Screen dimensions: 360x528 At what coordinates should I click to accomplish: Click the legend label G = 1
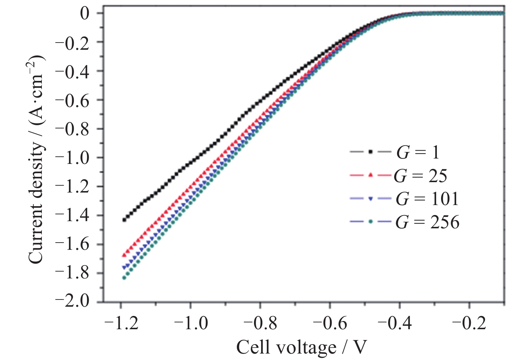(417, 153)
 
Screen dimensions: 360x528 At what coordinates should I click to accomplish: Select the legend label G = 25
(420, 176)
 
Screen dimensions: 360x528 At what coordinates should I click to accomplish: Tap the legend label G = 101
(427, 199)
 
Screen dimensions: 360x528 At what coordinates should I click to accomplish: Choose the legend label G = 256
(427, 222)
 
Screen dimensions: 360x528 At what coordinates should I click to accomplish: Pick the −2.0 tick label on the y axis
(73, 301)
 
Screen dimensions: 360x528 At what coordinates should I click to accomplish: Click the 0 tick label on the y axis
(85, 14)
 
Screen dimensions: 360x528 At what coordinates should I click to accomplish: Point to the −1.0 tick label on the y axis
(73, 157)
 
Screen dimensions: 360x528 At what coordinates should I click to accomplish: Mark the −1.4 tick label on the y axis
(73, 215)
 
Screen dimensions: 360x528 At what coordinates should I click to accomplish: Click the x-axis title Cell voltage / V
(302, 347)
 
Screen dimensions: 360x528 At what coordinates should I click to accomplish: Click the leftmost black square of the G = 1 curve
(124, 220)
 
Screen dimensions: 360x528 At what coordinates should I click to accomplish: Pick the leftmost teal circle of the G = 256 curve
(124, 278)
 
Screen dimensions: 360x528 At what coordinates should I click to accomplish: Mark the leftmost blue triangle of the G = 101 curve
(124, 267)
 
